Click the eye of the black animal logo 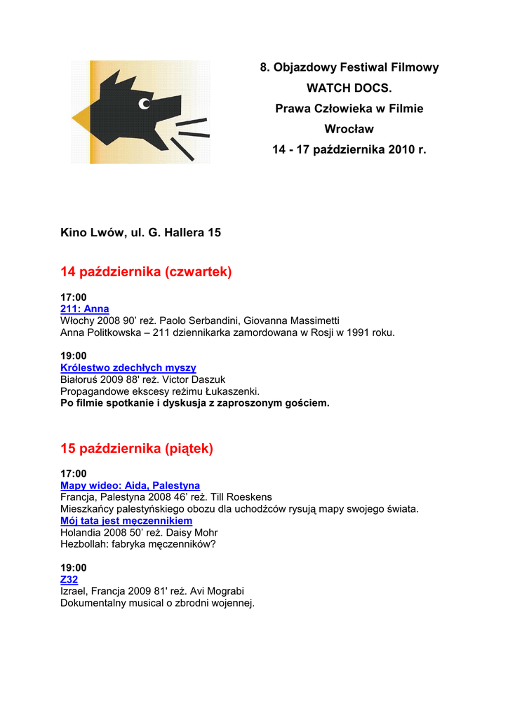145,104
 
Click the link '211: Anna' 85,309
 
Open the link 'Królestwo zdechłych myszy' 128,367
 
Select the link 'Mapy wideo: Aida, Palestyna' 130,485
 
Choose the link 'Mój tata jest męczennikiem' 126,521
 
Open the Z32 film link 69,579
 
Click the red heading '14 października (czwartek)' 146,271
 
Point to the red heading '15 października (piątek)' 137,448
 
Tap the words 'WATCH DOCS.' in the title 349,88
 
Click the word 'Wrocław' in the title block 349,129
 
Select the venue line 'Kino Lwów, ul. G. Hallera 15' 141,232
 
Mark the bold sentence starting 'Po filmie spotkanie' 194,403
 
